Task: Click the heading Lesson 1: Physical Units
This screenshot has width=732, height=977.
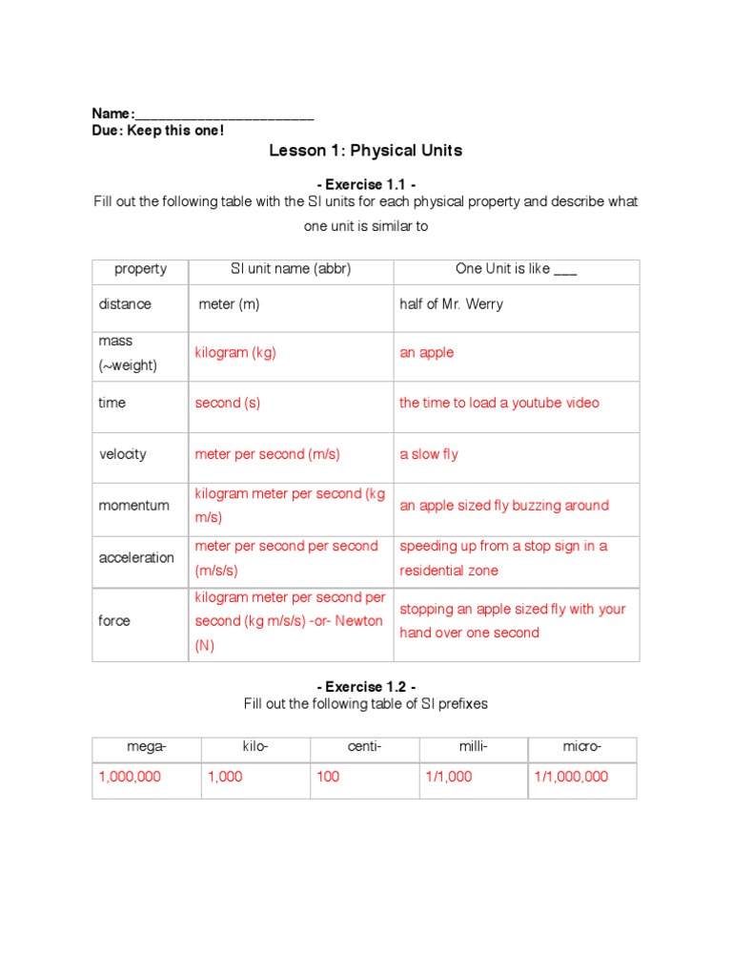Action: (365, 151)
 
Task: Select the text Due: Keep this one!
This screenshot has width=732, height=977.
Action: (157, 131)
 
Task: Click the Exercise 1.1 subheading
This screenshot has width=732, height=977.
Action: (365, 183)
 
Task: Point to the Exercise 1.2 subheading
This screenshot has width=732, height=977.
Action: (365, 686)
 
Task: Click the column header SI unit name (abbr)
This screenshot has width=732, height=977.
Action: (291, 269)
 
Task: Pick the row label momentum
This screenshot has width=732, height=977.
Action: (134, 506)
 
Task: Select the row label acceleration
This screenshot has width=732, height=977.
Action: (136, 557)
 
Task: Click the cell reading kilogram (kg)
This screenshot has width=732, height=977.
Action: (235, 353)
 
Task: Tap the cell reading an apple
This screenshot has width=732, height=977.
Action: (426, 353)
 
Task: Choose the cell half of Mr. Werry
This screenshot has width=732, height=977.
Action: (451, 304)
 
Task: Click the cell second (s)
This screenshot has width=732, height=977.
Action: (227, 403)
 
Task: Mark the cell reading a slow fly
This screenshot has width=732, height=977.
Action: (428, 454)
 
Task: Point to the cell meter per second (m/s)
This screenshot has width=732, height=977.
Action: (267, 454)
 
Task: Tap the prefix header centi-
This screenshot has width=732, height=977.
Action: (364, 747)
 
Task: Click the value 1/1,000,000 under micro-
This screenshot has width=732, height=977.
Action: (570, 777)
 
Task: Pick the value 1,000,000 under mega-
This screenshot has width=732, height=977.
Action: (130, 777)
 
